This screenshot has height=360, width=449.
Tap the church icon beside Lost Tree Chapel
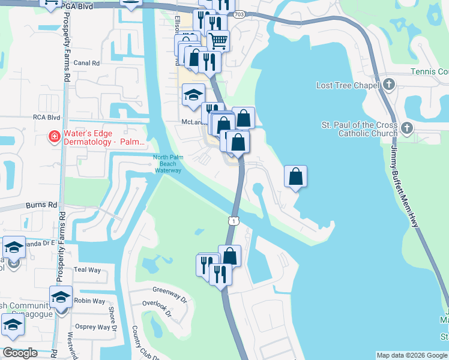tap(389, 85)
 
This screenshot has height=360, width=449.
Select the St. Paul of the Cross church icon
tap(407, 128)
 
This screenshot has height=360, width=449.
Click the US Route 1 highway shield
tap(234, 221)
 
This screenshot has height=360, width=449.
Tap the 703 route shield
tap(240, 14)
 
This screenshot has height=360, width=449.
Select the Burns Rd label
tap(41, 205)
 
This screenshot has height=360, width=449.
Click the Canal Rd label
tap(86, 62)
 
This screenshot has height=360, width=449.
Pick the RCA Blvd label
tap(47, 118)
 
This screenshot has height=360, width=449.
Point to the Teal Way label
tap(87, 270)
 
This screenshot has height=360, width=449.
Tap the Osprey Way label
tap(95, 327)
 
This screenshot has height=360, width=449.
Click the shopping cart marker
tap(218, 40)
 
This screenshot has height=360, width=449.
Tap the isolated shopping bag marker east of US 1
tap(295, 176)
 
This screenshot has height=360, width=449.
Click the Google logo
tap(19, 353)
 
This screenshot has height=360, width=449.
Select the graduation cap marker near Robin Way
tap(61, 296)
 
